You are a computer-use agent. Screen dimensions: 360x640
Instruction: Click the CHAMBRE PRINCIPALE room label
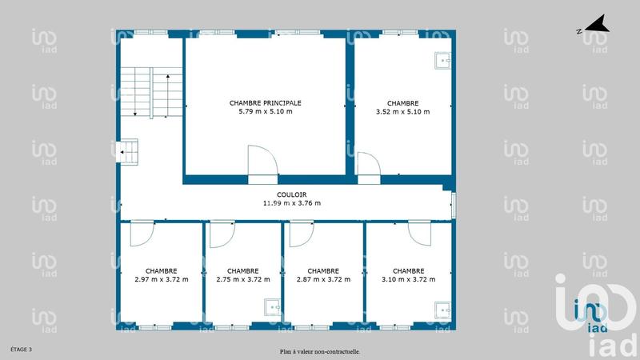tap(265, 102)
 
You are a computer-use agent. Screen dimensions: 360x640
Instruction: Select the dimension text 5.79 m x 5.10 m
tap(265, 112)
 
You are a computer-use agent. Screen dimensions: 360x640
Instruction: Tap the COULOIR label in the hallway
tap(291, 194)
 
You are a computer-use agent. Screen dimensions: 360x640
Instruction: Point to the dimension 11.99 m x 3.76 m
tap(291, 203)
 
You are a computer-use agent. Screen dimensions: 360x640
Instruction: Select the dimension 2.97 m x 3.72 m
tap(162, 279)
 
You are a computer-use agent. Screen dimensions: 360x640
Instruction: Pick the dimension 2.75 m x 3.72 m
tap(242, 279)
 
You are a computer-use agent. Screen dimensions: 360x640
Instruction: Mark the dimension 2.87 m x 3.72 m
tap(322, 279)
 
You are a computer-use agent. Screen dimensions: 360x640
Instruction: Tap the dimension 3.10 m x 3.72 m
tap(408, 279)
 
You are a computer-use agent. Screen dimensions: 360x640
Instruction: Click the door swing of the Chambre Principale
tap(262, 160)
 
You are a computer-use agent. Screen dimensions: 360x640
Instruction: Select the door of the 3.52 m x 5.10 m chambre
tap(368, 163)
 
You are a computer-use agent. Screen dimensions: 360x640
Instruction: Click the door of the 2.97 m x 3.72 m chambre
tap(142, 233)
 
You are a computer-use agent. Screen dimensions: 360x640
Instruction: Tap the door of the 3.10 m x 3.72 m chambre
tap(418, 232)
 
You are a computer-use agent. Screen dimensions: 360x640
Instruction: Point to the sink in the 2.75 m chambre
tap(273, 306)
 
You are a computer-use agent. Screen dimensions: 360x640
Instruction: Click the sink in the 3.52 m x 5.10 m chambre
tap(442, 59)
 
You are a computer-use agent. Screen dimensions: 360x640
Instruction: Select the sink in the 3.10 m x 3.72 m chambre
tap(442, 308)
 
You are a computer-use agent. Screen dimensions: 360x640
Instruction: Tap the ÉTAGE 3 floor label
tap(21, 350)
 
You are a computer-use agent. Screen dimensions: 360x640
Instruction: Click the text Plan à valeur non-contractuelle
tap(319, 351)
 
